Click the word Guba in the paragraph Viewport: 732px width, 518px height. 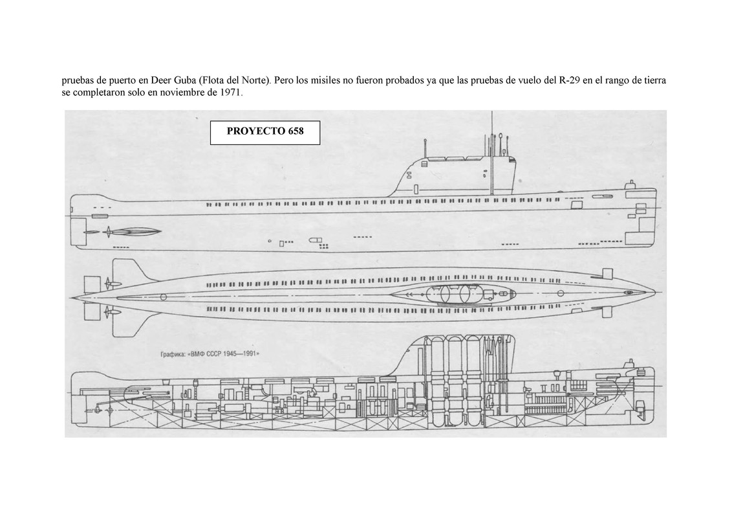point(185,81)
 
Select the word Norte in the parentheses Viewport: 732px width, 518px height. point(253,81)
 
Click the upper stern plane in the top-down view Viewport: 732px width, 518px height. point(129,270)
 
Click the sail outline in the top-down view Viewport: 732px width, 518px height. point(446,294)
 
